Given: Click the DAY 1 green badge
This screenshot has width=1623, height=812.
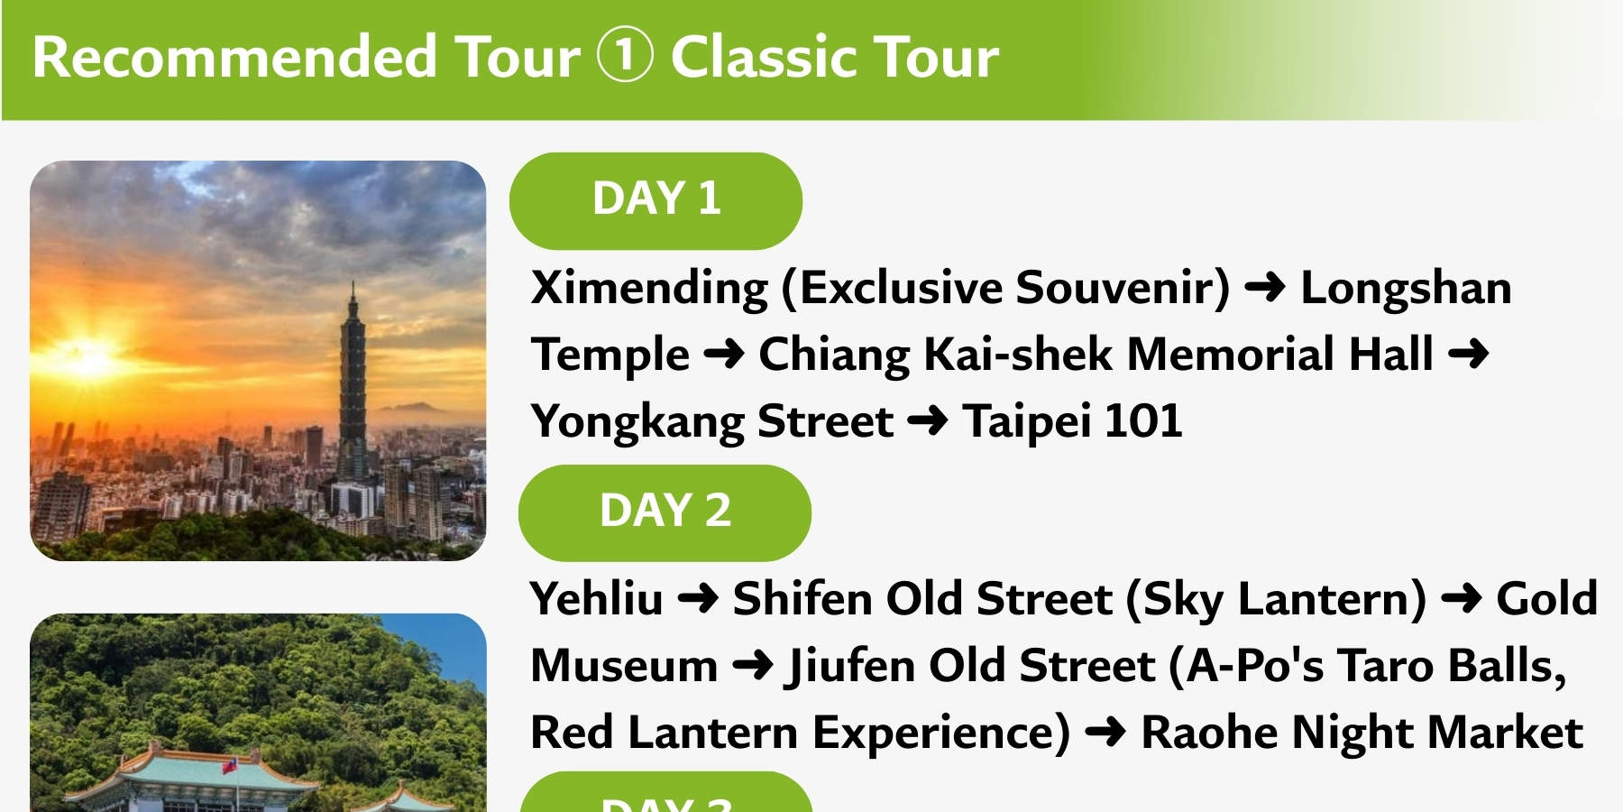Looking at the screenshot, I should [656, 200].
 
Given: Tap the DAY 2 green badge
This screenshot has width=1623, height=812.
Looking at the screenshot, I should [665, 512].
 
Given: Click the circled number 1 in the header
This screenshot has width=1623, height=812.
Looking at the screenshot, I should [624, 56].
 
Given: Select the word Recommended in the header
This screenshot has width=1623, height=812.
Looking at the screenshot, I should [234, 57].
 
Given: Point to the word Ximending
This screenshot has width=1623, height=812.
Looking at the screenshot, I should [649, 289].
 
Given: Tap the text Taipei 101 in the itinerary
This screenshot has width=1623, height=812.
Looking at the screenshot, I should [1072, 421].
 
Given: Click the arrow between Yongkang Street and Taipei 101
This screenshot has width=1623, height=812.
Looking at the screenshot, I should [928, 421].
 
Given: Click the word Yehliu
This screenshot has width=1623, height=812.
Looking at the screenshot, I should [596, 599].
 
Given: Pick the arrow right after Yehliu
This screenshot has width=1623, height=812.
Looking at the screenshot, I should [698, 599].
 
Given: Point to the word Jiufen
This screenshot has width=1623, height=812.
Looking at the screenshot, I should [850, 667].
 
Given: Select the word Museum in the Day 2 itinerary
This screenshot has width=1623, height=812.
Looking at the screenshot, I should [624, 667].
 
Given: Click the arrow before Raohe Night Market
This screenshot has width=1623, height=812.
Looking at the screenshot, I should [1105, 733].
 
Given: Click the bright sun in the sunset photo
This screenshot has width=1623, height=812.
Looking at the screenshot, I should [87, 355].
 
